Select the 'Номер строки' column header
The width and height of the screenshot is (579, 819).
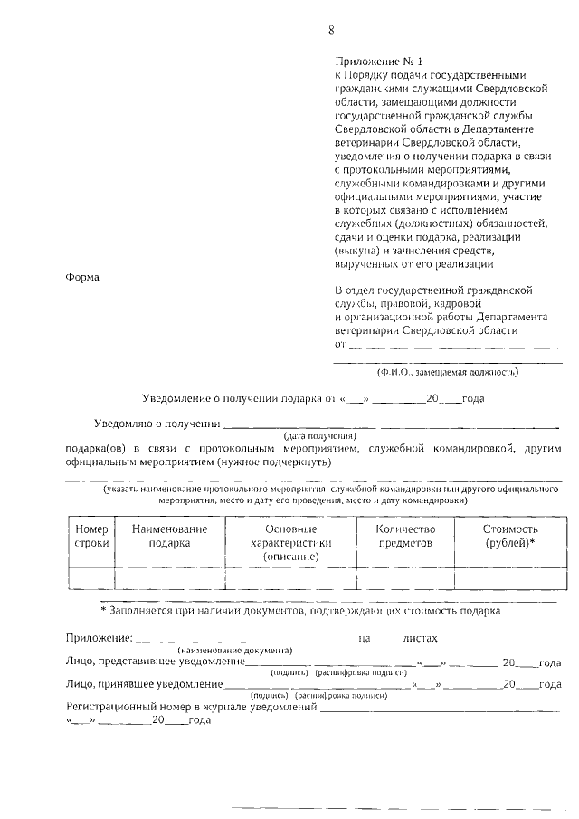(91, 536)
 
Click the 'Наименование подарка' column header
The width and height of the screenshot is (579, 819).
(169, 536)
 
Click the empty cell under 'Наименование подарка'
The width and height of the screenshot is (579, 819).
(169, 577)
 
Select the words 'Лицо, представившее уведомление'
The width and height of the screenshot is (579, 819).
(156, 662)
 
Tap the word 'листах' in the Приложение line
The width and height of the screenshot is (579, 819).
(421, 639)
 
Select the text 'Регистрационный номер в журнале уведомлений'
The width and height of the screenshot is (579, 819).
(191, 707)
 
